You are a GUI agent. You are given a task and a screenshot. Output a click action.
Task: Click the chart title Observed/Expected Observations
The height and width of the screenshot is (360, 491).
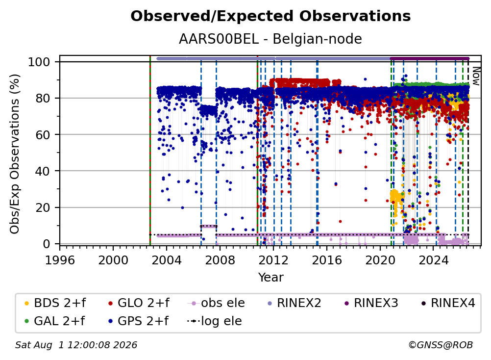pyautogui.click(x=270, y=16)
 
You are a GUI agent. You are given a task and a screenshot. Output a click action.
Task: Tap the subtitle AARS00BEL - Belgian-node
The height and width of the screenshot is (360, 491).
pyautogui.click(x=270, y=39)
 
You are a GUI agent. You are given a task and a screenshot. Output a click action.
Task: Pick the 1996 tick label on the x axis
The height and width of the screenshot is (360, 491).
pyautogui.click(x=60, y=260)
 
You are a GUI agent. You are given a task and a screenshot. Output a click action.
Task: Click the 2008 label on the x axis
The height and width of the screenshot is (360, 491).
pyautogui.click(x=220, y=260)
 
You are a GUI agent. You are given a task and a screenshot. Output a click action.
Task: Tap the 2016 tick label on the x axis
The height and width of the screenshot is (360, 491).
pyautogui.click(x=327, y=260)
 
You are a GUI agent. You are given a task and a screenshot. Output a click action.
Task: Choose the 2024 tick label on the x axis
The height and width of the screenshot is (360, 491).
pyautogui.click(x=433, y=260)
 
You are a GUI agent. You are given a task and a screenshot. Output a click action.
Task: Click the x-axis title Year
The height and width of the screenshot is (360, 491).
pyautogui.click(x=270, y=277)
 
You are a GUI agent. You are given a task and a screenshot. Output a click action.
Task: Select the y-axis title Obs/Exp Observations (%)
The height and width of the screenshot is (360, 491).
pyautogui.click(x=15, y=154)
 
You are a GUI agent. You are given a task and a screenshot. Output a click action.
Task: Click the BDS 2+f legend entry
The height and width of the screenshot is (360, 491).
pyautogui.click(x=55, y=303)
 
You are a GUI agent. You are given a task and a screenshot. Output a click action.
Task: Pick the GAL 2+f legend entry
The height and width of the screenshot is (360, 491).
pyautogui.click(x=55, y=321)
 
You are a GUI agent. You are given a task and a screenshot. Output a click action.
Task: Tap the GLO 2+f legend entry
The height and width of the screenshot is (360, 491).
pyautogui.click(x=138, y=303)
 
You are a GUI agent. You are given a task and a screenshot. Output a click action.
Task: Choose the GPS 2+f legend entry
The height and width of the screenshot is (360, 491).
pyautogui.click(x=138, y=321)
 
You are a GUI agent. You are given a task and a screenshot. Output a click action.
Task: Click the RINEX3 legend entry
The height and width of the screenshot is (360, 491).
pyautogui.click(x=371, y=303)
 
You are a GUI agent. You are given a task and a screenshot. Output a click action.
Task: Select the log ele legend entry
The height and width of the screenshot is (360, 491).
pyautogui.click(x=215, y=321)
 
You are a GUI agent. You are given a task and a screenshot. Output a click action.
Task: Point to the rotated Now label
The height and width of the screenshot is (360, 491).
pyautogui.click(x=476, y=76)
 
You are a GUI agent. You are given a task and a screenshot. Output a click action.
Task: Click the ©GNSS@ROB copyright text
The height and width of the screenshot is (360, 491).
pyautogui.click(x=441, y=345)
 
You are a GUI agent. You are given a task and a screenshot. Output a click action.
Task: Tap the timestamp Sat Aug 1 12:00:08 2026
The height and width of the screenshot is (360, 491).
pyautogui.click(x=76, y=345)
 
